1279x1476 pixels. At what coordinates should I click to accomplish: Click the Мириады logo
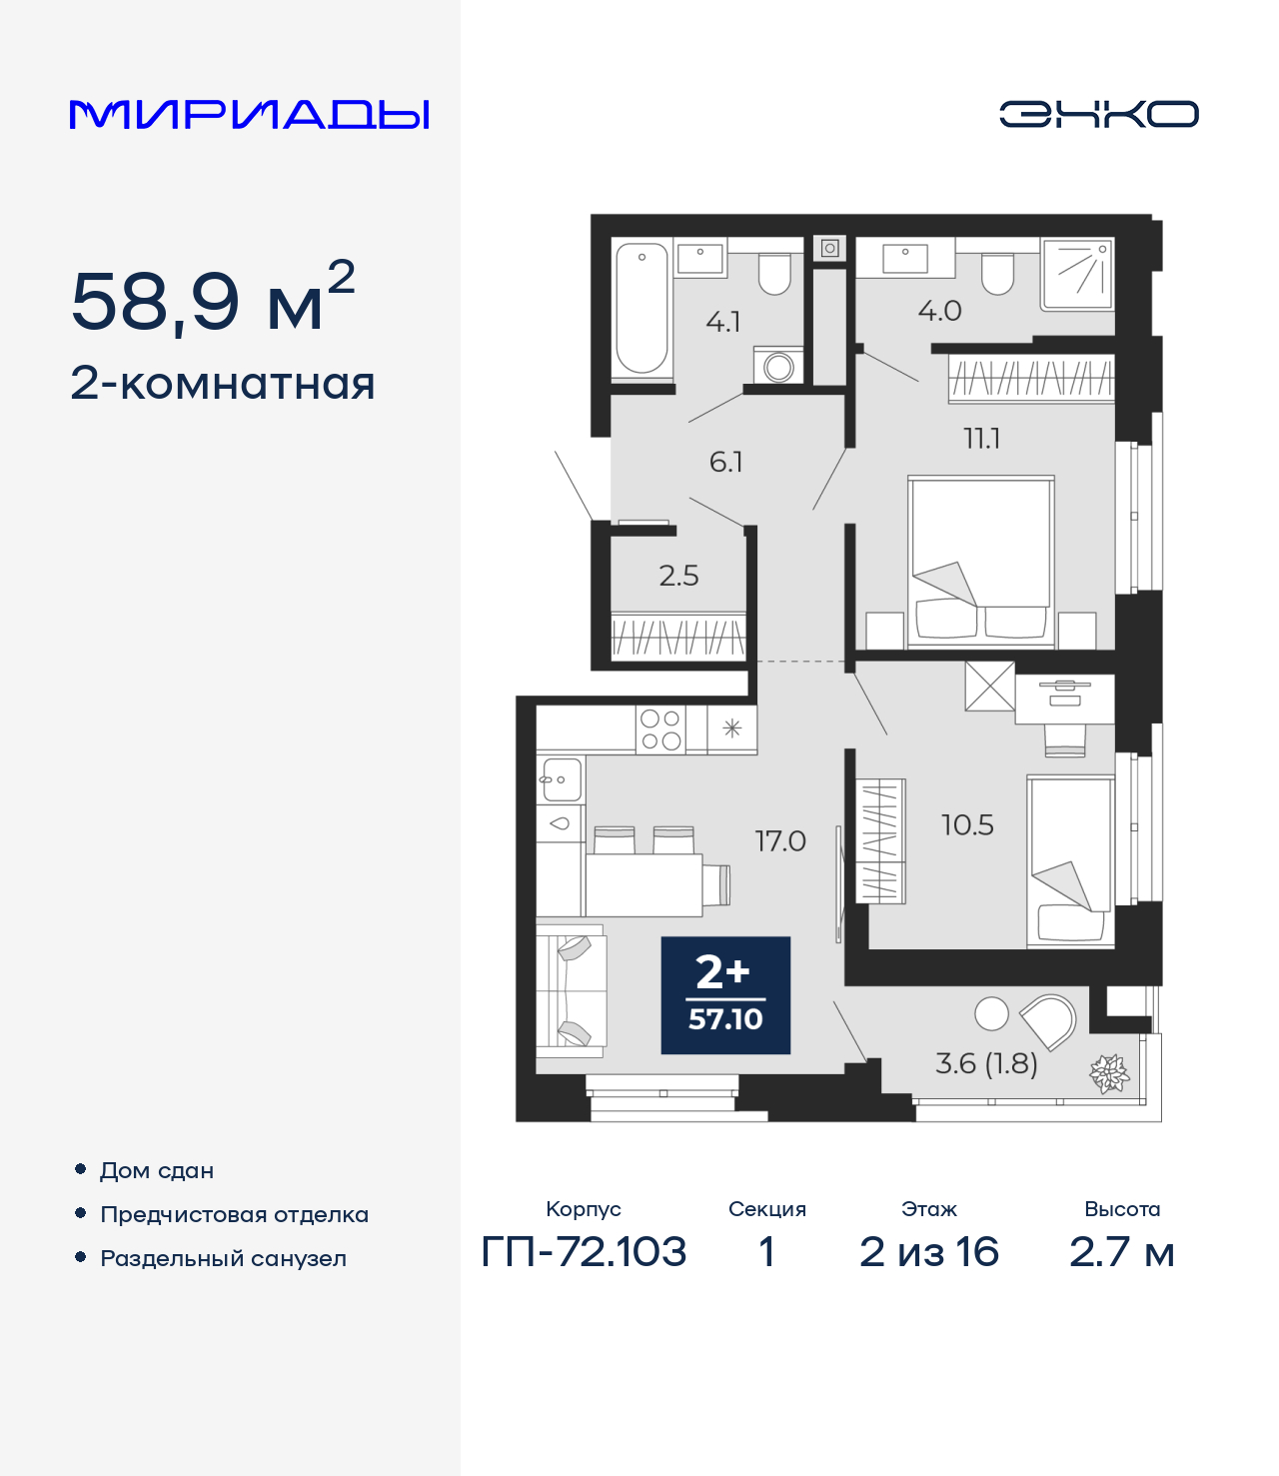(x=249, y=114)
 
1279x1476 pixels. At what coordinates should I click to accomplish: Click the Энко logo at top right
(x=1098, y=114)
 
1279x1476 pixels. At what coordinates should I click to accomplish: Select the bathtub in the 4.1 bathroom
(x=640, y=308)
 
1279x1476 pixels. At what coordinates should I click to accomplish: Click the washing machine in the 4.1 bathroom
(x=778, y=366)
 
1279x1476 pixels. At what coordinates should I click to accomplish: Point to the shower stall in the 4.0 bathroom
(x=1077, y=274)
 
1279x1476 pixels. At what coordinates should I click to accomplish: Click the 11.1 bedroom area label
(x=981, y=439)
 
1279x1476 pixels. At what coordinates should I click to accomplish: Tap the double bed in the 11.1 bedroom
(x=980, y=560)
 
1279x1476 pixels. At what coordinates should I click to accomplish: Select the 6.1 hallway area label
(x=725, y=462)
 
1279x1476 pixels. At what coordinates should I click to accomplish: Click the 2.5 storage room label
(x=678, y=576)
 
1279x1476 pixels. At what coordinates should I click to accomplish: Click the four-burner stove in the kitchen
(x=660, y=730)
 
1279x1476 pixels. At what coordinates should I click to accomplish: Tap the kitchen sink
(x=560, y=778)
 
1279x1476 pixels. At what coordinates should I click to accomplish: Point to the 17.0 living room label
(x=779, y=841)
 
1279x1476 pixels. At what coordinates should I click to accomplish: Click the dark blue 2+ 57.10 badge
(x=725, y=995)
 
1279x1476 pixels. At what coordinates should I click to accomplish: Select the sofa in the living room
(x=571, y=990)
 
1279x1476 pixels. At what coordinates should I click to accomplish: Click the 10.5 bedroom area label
(x=967, y=824)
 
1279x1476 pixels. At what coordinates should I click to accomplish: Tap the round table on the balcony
(x=991, y=1013)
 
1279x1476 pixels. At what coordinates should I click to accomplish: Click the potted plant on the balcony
(x=1109, y=1074)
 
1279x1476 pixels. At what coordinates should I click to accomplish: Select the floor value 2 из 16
(x=928, y=1252)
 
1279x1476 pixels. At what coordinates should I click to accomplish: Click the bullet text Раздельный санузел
(x=223, y=1258)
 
